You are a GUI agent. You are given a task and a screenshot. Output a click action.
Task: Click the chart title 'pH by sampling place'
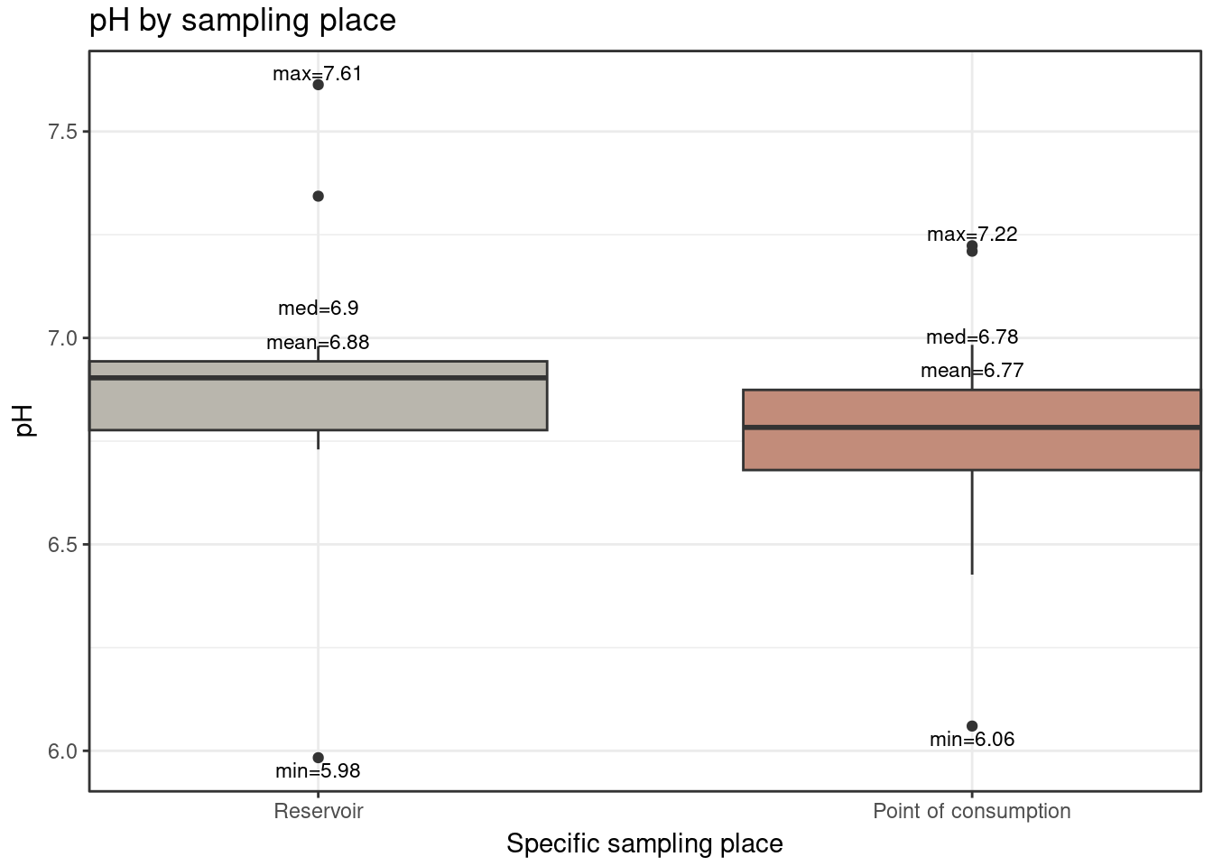242,20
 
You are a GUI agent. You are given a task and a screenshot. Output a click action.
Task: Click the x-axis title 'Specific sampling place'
644,843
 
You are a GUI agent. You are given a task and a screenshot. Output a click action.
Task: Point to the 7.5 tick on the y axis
62,132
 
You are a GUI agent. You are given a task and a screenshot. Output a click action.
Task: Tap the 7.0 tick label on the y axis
62,338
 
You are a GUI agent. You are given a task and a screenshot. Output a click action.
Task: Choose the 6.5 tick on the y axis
62,545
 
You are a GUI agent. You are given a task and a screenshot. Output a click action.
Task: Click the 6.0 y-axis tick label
62,751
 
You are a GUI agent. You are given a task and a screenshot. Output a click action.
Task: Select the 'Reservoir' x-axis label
319,811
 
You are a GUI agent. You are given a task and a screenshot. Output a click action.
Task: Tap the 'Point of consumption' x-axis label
971,811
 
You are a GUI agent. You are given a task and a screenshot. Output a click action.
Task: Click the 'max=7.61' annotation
318,74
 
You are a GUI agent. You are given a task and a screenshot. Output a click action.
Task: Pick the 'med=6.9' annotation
318,309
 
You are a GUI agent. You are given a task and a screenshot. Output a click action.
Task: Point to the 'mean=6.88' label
318,343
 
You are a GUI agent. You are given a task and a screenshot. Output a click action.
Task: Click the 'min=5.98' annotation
318,771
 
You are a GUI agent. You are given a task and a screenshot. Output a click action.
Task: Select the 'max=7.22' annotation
972,235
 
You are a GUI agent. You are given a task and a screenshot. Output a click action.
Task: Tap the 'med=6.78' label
972,337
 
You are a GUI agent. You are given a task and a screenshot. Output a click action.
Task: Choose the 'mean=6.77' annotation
972,371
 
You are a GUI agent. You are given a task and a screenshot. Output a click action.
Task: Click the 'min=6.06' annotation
972,740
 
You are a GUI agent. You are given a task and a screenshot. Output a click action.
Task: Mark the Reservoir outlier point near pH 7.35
318,196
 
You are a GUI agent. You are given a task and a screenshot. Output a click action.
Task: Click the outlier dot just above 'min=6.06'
972,726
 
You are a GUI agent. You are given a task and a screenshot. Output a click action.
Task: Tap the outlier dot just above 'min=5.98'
318,758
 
